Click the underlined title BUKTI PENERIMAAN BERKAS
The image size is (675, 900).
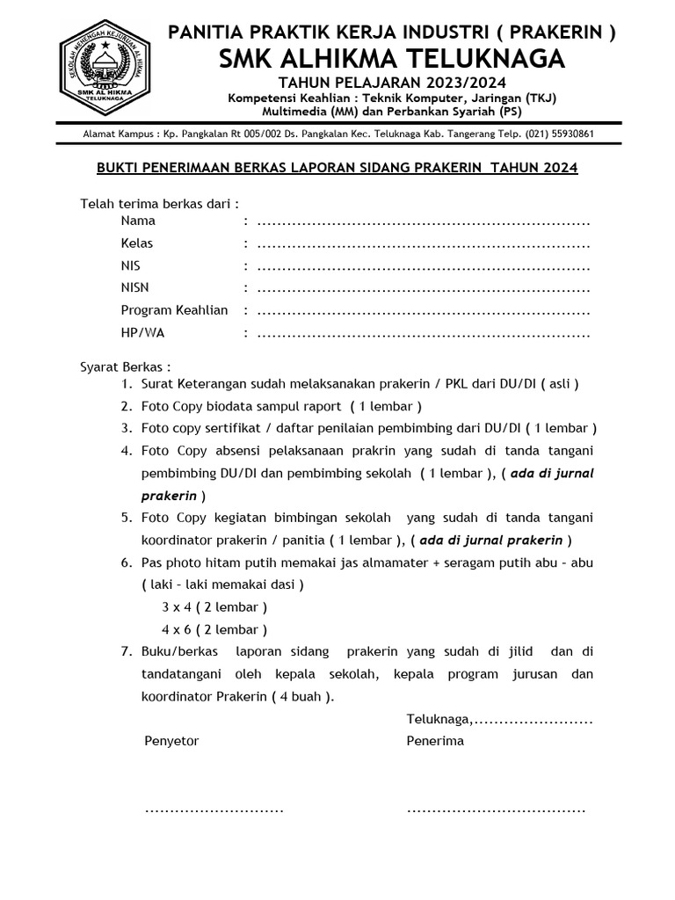(x=330, y=167)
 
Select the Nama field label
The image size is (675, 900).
(x=138, y=221)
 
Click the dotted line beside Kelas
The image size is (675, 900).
(x=423, y=243)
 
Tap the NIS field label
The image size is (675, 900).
(x=130, y=265)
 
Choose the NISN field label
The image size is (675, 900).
(x=134, y=287)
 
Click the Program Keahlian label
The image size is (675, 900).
(x=174, y=310)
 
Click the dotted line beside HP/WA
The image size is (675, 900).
(x=423, y=333)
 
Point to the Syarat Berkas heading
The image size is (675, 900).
(x=125, y=366)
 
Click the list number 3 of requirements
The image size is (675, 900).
(x=127, y=428)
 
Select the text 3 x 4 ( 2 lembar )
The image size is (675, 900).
(x=214, y=607)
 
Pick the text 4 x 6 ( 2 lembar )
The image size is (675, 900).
(x=214, y=629)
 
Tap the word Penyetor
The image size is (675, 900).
(x=171, y=741)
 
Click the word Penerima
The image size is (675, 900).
(x=435, y=741)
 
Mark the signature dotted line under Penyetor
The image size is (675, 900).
(x=214, y=808)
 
